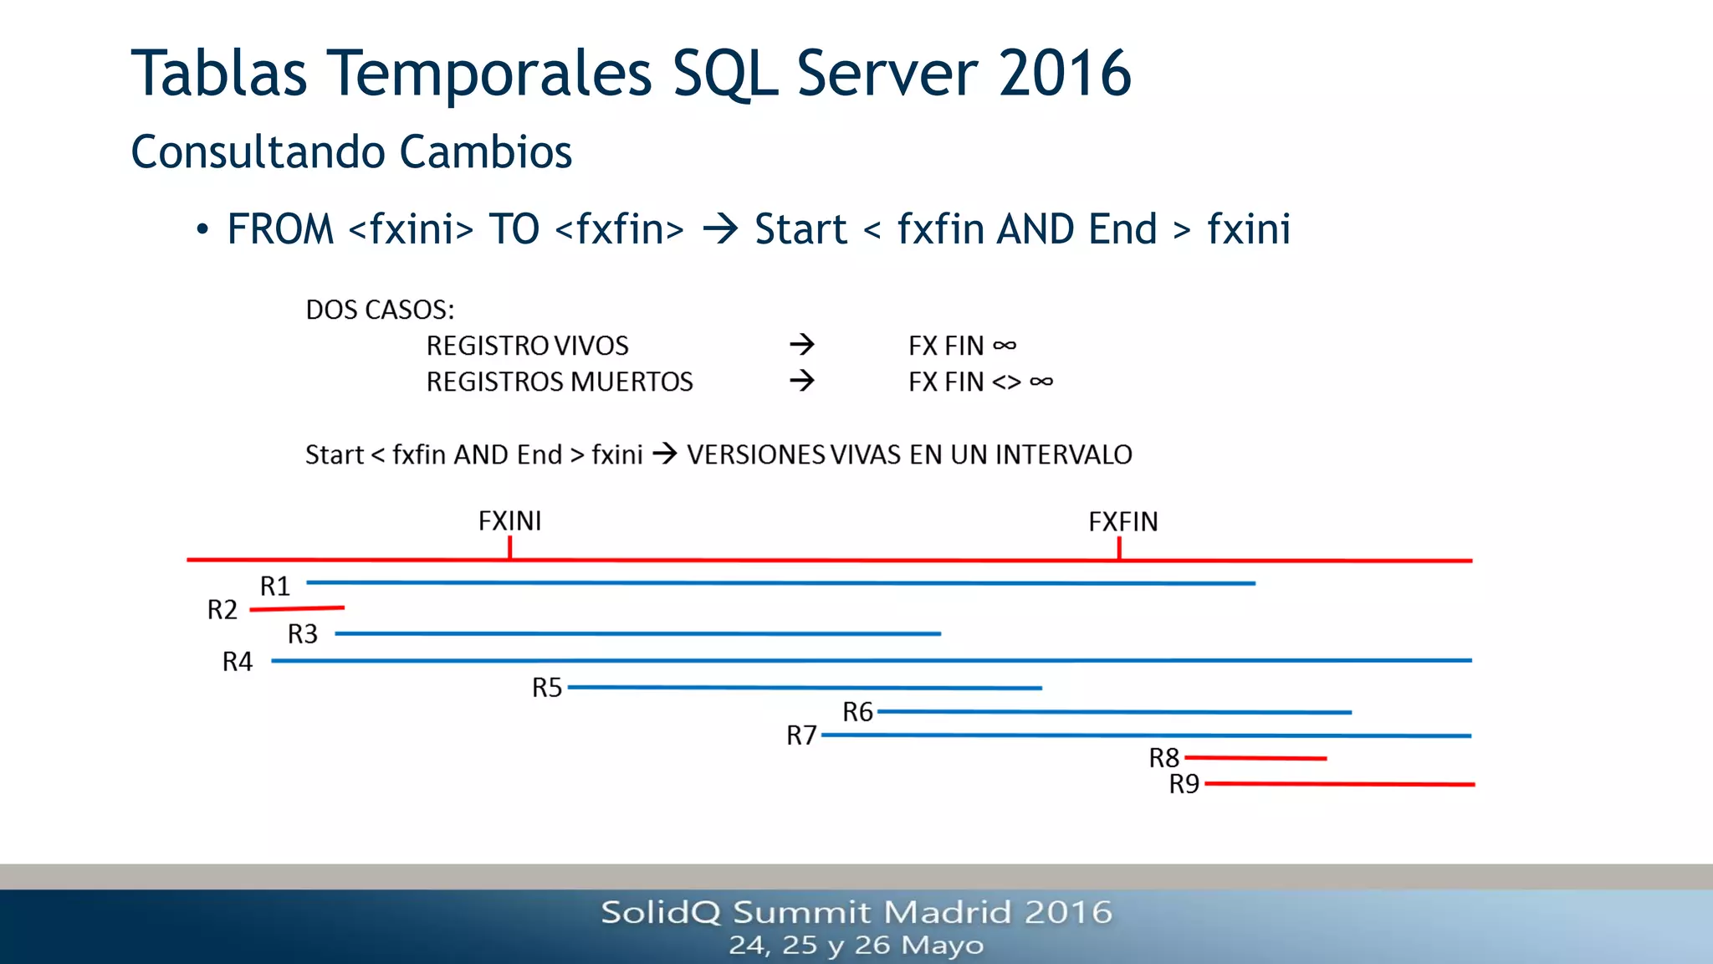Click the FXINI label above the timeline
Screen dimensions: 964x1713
[509, 521]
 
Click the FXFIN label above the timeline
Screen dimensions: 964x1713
[1122, 522]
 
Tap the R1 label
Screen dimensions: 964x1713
[274, 586]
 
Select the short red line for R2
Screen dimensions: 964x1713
[297, 608]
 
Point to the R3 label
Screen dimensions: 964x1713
[302, 634]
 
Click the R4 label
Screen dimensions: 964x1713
[237, 662]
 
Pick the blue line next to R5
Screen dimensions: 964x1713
[803, 688]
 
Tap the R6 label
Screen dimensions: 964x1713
[857, 712]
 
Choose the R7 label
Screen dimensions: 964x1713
[800, 736]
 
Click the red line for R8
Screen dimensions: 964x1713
[1255, 758]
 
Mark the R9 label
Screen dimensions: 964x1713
[1184, 784]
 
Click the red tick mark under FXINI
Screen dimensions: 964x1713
[509, 548]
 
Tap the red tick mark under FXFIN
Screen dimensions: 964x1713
[1119, 548]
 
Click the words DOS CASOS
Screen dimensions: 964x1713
[379, 310]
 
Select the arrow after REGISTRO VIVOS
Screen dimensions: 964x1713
[801, 345]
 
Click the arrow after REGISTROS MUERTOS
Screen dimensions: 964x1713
[801, 382]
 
